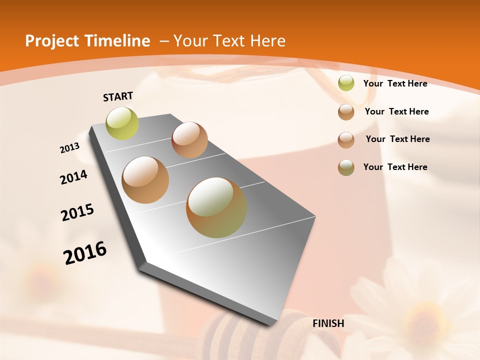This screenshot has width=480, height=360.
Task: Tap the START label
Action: [x=118, y=96]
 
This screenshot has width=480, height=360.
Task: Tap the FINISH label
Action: [x=328, y=323]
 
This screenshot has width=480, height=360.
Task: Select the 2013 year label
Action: [x=70, y=148]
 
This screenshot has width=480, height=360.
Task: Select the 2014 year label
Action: [x=74, y=177]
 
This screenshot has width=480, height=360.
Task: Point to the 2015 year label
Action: [x=77, y=212]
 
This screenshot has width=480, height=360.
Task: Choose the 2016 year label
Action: [x=85, y=253]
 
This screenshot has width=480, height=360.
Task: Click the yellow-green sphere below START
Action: [x=122, y=123]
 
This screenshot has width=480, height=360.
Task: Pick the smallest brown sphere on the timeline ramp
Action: [x=189, y=140]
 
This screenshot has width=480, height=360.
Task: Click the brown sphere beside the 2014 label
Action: [x=145, y=180]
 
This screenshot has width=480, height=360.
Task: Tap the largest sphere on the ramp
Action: [x=216, y=207]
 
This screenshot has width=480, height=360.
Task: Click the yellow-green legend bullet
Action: [x=346, y=83]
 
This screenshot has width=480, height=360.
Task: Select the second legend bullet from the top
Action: [x=346, y=112]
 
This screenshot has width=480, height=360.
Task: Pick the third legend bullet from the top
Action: [x=346, y=140]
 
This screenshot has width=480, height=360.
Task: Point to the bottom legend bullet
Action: [x=346, y=167]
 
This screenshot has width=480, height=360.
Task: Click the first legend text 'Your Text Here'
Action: [x=395, y=83]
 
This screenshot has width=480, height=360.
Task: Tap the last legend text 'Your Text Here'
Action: [x=395, y=167]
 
